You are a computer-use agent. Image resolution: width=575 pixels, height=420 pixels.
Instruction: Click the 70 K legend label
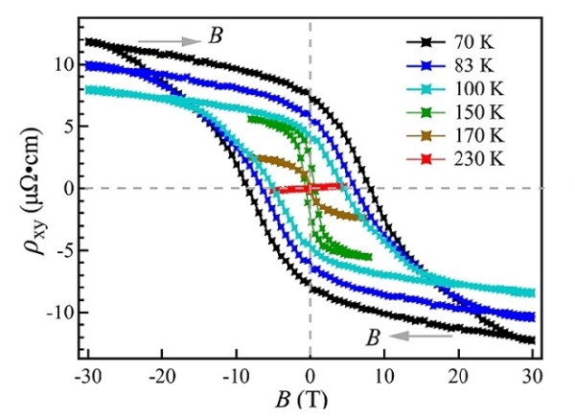pyautogui.click(x=477, y=42)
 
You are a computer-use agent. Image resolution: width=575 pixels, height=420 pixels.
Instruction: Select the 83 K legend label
pyautogui.click(x=477, y=64)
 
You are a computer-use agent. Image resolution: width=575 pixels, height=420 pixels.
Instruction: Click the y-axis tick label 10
pyautogui.click(x=63, y=65)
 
